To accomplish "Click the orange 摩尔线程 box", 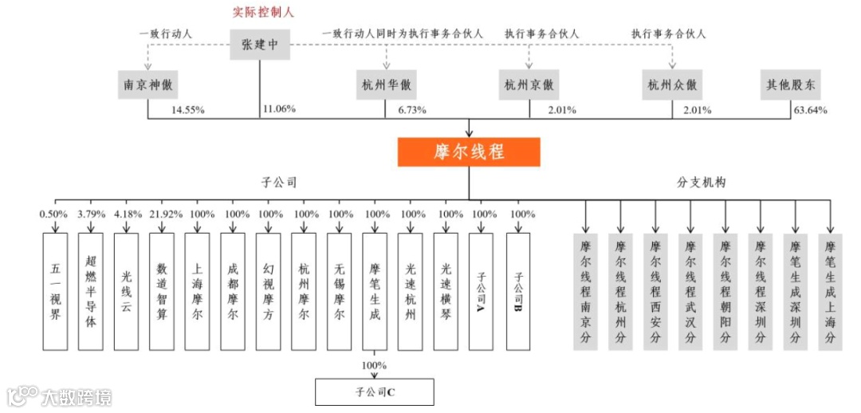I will (469, 152).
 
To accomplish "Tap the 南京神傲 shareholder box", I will (148, 85).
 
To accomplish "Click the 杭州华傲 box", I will (387, 85).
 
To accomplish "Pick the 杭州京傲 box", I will (529, 85).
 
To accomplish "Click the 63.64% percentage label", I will (810, 110).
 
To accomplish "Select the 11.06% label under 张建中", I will (279, 110).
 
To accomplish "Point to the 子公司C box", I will (375, 392).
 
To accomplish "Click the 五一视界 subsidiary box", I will (54, 291).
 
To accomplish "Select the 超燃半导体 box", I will (91, 291).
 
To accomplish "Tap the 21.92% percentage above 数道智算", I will (163, 214).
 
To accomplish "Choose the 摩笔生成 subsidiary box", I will (375, 291).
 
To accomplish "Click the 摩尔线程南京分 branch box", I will (586, 291).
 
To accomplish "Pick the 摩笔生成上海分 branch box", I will (830, 291).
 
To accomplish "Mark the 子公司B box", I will (518, 291).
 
